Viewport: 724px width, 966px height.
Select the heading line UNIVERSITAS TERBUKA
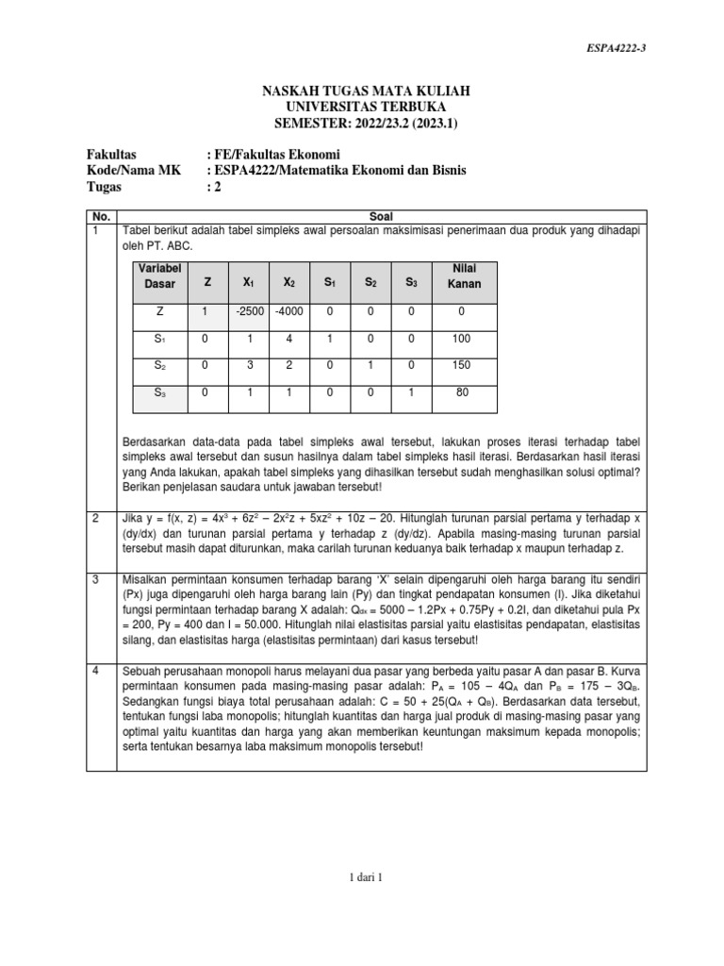click(363, 107)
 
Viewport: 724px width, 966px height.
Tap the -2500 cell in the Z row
click(248, 310)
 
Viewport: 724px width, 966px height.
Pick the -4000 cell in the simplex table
click(289, 310)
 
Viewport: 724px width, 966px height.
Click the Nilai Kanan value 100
click(461, 337)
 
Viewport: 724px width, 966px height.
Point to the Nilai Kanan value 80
click(461, 392)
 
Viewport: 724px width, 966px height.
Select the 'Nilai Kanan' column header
click(461, 275)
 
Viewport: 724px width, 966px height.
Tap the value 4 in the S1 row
click(289, 337)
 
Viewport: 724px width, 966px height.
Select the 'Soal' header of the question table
click(382, 215)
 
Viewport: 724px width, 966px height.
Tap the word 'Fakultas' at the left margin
click(112, 154)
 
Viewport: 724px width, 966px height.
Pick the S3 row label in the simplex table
click(159, 392)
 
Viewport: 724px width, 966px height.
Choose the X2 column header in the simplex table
click(289, 281)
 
